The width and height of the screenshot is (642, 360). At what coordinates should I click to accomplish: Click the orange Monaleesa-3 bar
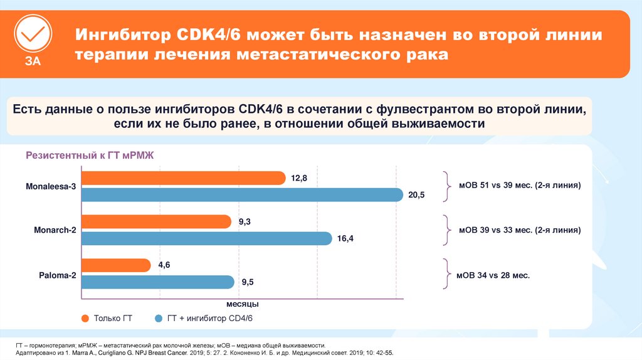[184, 178]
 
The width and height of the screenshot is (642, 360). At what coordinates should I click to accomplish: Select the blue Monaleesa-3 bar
[242, 195]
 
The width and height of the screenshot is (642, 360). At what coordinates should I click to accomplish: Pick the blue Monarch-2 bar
[207, 238]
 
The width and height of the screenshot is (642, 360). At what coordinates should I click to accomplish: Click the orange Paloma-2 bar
[117, 265]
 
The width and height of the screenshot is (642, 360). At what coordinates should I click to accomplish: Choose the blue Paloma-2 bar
[158, 282]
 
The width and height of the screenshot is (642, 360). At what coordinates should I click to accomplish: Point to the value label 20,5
[416, 196]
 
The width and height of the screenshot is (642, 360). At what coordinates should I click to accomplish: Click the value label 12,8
[299, 179]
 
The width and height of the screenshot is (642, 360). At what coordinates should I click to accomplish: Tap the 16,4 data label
[345, 239]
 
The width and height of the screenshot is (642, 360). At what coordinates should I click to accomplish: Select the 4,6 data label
[164, 266]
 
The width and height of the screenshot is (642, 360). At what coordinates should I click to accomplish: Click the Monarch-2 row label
[55, 230]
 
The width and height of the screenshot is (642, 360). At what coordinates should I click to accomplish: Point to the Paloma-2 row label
[56, 274]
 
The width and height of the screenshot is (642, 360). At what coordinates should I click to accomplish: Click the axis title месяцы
[238, 304]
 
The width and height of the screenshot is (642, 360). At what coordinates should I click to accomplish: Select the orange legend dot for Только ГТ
[85, 319]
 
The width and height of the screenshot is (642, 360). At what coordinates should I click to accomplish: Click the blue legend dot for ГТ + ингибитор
[159, 319]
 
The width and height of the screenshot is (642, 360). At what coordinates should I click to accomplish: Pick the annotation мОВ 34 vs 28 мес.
[493, 274]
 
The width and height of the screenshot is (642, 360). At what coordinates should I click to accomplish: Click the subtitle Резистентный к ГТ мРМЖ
[85, 156]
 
